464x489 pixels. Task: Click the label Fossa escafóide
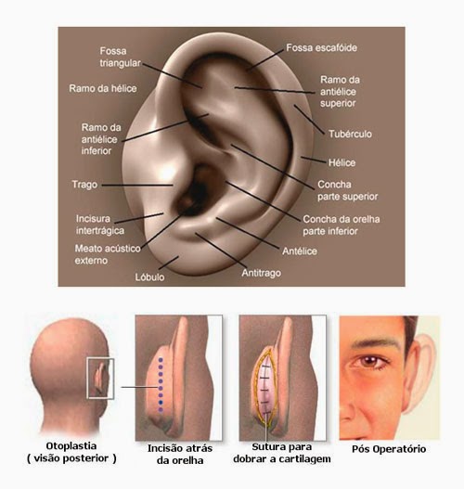tap(321, 48)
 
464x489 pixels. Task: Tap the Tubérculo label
tap(350, 135)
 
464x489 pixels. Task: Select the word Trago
tap(84, 185)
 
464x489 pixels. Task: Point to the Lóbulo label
tap(149, 277)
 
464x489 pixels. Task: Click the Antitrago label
tap(262, 273)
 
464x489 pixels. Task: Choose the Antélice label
tap(300, 251)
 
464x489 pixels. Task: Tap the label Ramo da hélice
tap(103, 88)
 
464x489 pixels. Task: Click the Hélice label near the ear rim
tap(342, 162)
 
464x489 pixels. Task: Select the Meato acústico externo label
tap(108, 254)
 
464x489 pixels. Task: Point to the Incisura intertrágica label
tap(100, 225)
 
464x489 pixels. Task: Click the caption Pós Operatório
tap(389, 449)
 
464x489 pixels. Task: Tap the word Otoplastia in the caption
tap(71, 446)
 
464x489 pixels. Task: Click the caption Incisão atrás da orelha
tap(180, 454)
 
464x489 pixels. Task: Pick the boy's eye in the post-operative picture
tap(370, 362)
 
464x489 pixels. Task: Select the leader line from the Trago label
tap(137, 185)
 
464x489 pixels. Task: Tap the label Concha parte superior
tap(347, 190)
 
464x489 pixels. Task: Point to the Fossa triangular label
tap(120, 57)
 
